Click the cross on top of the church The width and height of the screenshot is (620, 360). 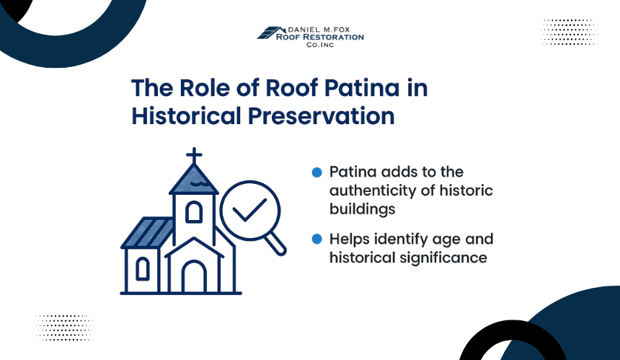click(x=194, y=156)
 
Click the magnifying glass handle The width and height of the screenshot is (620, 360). click(x=275, y=243)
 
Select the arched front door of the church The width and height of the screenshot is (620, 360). click(x=194, y=276)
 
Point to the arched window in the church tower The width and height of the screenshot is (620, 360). click(x=194, y=212)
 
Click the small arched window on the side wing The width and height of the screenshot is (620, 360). click(x=143, y=268)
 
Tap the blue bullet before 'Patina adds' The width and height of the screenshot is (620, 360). click(x=316, y=172)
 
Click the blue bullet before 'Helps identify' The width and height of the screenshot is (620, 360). click(x=316, y=239)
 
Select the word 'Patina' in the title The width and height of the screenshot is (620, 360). click(x=362, y=88)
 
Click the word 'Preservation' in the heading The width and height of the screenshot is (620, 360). click(x=321, y=116)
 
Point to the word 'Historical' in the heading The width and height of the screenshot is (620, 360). click(x=186, y=116)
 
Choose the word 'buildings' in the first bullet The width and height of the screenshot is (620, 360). click(x=362, y=209)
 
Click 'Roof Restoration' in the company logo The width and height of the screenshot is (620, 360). click(x=320, y=38)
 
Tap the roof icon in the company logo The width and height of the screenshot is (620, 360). click(x=271, y=33)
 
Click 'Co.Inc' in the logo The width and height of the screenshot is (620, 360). click(x=320, y=45)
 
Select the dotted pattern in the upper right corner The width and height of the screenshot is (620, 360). click(x=569, y=32)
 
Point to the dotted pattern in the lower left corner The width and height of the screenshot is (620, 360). click(x=64, y=328)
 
